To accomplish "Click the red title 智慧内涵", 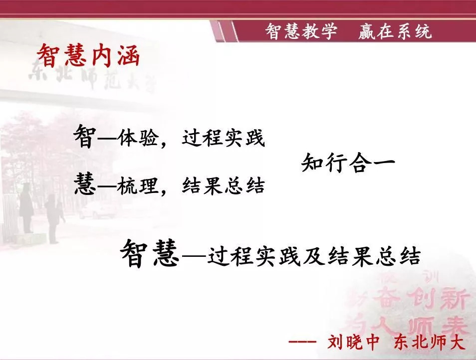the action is click(88, 55).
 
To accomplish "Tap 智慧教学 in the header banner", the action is click(301, 31).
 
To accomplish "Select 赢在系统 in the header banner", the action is click(395, 31).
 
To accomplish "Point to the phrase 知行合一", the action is click(348, 163).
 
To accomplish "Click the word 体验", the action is click(138, 138).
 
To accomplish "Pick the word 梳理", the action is click(138, 185).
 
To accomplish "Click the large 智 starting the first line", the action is click(85, 136).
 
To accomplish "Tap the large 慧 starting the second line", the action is click(85, 183).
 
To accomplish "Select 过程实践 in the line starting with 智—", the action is click(224, 138).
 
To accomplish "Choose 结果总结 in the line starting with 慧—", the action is click(224, 185).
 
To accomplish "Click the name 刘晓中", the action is click(353, 342).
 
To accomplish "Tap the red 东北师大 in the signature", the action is click(430, 342).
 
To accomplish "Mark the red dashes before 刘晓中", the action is click(302, 342).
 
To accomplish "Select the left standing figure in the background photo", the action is click(26, 208).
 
